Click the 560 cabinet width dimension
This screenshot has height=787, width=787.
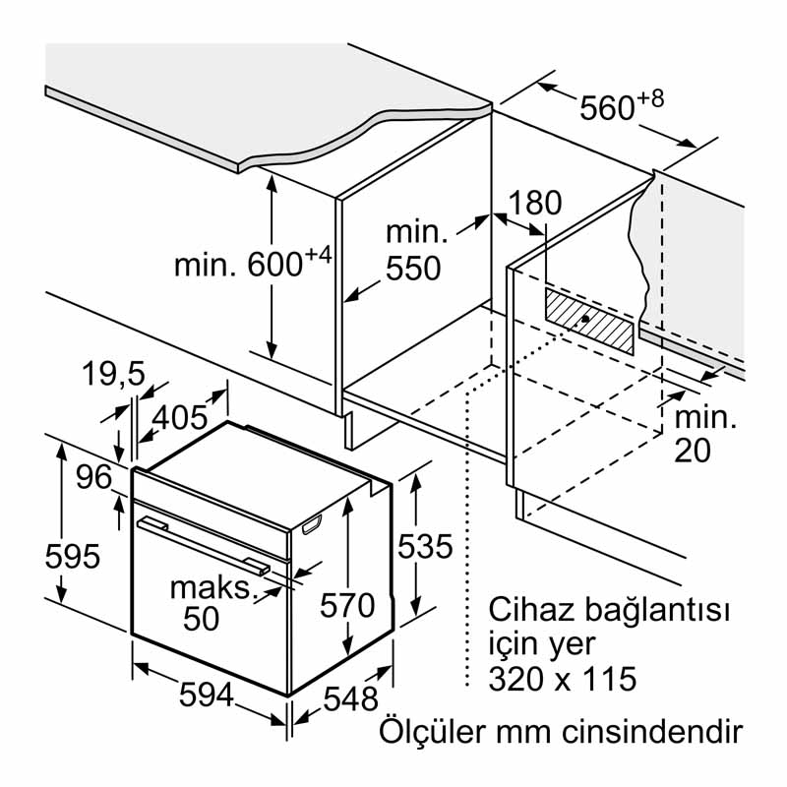point(607,106)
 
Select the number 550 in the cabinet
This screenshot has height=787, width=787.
point(413,269)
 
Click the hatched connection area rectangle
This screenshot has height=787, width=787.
point(588,321)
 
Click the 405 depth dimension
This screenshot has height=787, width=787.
point(179,417)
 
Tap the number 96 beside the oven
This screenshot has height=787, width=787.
point(94,477)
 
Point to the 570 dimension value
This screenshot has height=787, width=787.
point(347,603)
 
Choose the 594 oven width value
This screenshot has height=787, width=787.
point(206,696)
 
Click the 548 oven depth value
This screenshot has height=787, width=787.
point(349,698)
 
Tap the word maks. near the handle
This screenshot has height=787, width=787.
point(212,588)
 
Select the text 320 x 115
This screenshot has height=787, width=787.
point(562,679)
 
